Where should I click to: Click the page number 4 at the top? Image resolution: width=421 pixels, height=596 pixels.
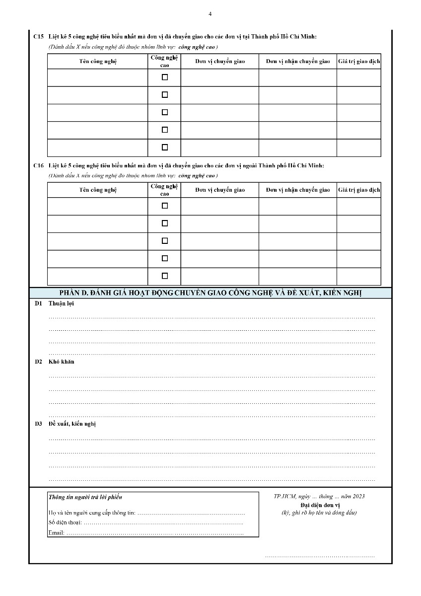[210, 14]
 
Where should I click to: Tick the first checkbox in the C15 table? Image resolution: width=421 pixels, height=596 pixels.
[165, 77]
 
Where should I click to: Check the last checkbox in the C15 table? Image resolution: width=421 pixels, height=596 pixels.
[165, 147]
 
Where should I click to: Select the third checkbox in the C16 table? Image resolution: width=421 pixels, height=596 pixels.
[165, 240]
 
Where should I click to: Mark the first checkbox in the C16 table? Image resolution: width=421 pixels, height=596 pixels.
[165, 206]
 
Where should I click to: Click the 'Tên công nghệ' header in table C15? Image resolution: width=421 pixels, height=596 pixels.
[98, 62]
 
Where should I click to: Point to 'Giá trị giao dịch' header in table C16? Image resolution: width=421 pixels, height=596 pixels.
[359, 190]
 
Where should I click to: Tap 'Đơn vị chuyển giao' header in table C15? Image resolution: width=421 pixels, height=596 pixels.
[219, 62]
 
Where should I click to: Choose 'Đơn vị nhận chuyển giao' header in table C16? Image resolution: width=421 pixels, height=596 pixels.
[298, 190]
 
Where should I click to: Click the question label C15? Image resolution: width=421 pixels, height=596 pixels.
[38, 37]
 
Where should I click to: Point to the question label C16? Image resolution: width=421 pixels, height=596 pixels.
[38, 165]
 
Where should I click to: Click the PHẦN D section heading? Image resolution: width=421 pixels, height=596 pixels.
[210, 294]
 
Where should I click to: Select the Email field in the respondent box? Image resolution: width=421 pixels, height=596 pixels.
[154, 532]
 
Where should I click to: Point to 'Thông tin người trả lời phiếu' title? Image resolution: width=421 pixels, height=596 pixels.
[85, 497]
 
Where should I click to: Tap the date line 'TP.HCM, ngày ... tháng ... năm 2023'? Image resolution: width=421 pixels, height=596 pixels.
[319, 496]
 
